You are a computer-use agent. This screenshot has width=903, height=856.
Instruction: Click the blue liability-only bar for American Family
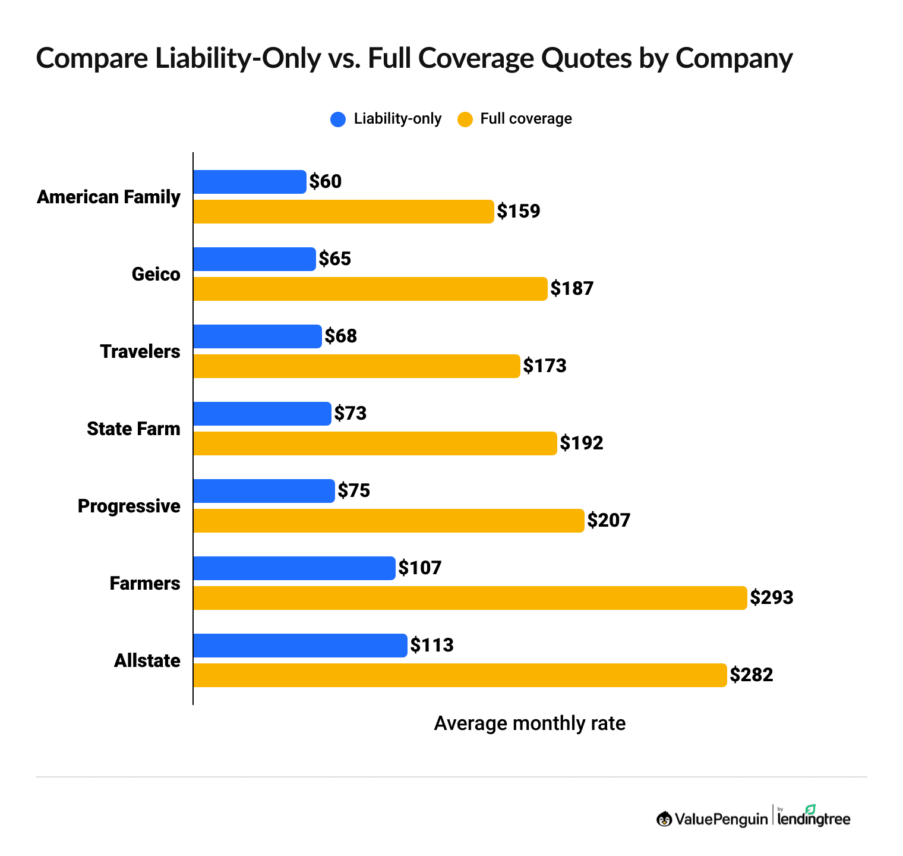[250, 182]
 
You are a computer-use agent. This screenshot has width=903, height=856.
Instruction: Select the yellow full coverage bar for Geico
[370, 289]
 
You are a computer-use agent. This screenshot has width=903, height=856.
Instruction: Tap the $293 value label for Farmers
[771, 597]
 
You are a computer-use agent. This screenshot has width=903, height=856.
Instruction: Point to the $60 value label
[326, 182]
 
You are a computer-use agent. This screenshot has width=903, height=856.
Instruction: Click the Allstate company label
[147, 660]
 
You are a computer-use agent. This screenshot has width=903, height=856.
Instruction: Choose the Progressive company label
[129, 506]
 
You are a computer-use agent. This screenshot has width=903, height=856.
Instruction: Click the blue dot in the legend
[338, 119]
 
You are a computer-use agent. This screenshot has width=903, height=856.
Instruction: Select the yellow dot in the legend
[465, 119]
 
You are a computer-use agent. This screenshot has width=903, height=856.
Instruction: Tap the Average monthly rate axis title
[529, 723]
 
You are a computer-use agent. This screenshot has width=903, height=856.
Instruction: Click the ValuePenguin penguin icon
[664, 819]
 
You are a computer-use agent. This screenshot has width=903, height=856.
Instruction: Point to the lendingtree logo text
[814, 819]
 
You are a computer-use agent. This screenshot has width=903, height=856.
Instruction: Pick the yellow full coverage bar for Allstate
[460, 675]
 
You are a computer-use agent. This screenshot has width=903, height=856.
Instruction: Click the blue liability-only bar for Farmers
[294, 568]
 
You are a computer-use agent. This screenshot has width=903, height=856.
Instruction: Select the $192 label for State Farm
[582, 443]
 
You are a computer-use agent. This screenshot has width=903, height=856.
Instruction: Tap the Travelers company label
[140, 351]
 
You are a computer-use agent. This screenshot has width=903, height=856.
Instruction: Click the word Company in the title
[734, 58]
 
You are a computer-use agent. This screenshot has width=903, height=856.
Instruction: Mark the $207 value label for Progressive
[608, 521]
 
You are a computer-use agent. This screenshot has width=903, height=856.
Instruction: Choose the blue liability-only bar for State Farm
[262, 414]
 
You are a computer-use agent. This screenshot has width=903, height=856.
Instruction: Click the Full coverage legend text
[526, 119]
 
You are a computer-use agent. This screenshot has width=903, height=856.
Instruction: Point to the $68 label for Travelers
[341, 336]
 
